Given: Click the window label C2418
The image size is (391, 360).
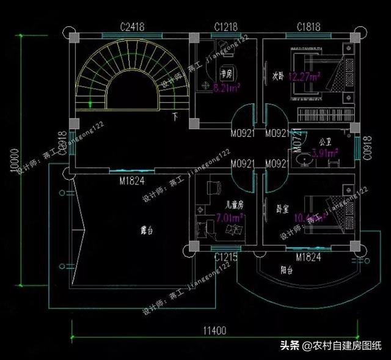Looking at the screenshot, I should tap(132, 26).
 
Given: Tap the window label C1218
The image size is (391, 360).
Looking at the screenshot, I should tap(225, 26).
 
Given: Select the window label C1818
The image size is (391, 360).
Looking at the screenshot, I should tap(309, 26).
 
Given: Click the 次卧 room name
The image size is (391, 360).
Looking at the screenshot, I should tap(278, 77).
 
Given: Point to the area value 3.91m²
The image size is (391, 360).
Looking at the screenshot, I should tap(325, 153).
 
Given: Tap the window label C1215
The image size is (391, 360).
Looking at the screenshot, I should tap(225, 258).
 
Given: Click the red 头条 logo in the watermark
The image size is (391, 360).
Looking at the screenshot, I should tap(291, 345).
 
